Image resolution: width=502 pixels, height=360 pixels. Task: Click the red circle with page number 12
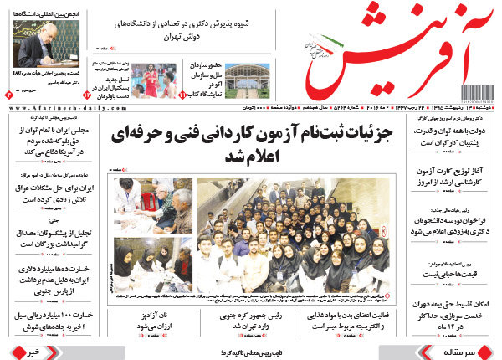click(x=86, y=98)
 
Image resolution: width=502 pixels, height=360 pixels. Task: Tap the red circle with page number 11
click(x=184, y=98)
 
